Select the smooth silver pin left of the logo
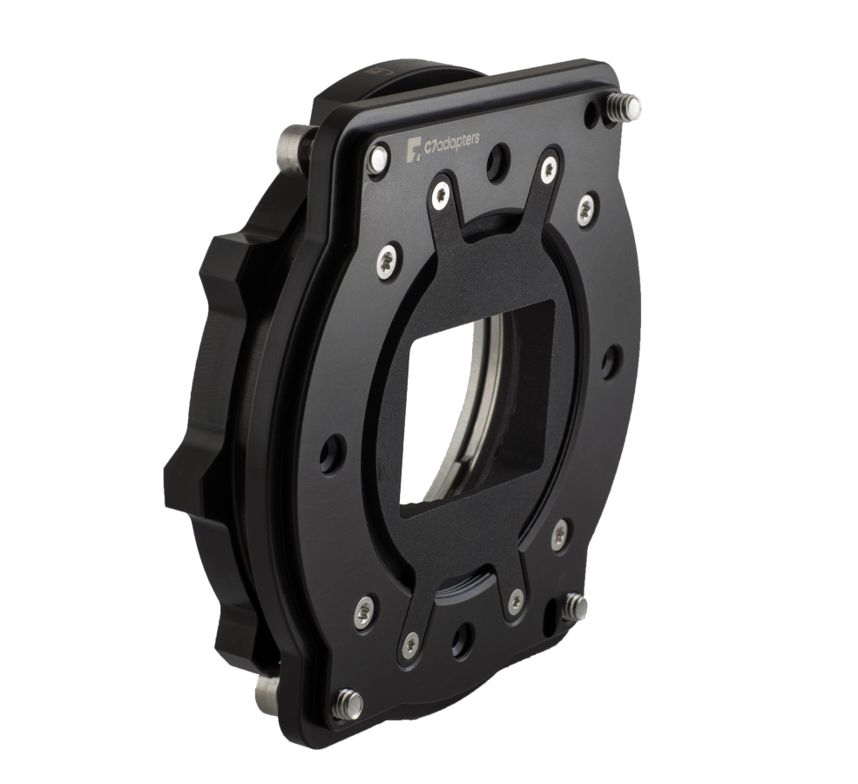(x=378, y=159)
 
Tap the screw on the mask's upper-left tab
(x=442, y=193)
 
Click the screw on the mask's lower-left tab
(x=409, y=645)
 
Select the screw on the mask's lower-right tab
(x=516, y=599)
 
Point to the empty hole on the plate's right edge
(x=611, y=361)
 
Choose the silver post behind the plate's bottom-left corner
(x=267, y=694)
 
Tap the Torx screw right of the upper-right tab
(x=586, y=208)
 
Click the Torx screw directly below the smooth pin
(x=387, y=260)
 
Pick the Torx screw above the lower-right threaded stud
(x=560, y=534)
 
